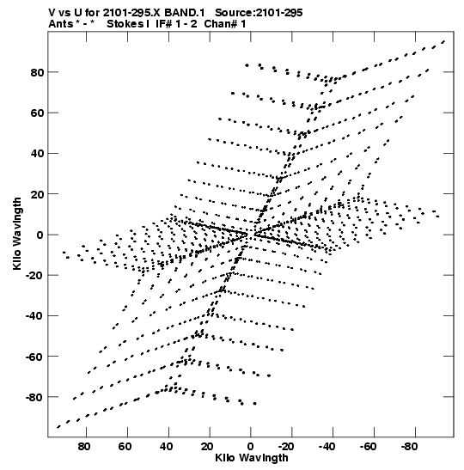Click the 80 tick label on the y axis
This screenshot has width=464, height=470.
pyautogui.click(x=37, y=72)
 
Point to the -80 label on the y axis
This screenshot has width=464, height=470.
pyautogui.click(x=34, y=398)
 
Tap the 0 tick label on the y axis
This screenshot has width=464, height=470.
pyautogui.click(x=40, y=235)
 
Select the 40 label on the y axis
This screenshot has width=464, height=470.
pyautogui.click(x=37, y=154)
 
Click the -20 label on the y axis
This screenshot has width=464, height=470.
pyautogui.click(x=34, y=275)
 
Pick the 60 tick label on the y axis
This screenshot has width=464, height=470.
pyautogui.click(x=37, y=113)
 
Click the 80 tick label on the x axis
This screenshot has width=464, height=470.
pyautogui.click(x=84, y=447)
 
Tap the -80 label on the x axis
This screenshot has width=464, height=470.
pyautogui.click(x=410, y=447)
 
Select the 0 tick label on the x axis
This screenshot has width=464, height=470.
pyautogui.click(x=250, y=447)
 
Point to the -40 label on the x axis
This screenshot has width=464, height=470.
pyautogui.click(x=327, y=447)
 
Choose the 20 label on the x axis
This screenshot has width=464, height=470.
pyautogui.click(x=207, y=447)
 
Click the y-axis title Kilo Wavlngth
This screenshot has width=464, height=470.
pyautogui.click(x=17, y=234)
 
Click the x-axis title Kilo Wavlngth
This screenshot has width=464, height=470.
pyautogui.click(x=252, y=458)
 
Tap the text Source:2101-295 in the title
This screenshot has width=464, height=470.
pyautogui.click(x=259, y=13)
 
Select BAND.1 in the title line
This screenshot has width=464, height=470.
pyautogui.click(x=185, y=13)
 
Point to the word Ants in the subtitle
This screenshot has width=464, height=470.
pyautogui.click(x=61, y=24)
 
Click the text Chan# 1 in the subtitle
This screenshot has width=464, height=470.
pyautogui.click(x=225, y=24)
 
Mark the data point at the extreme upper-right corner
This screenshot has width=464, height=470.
pyautogui.click(x=443, y=41)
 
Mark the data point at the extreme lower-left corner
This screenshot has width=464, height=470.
pyautogui.click(x=58, y=427)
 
